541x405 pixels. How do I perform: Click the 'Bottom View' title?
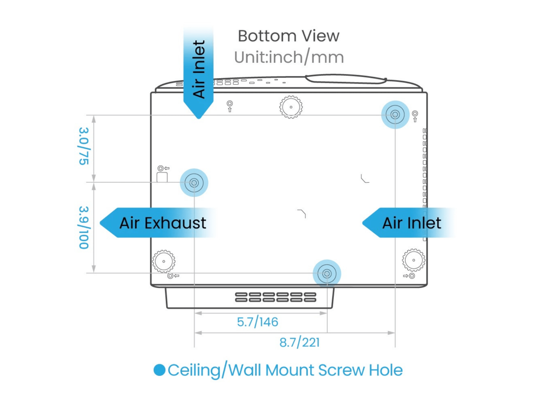tap(288, 36)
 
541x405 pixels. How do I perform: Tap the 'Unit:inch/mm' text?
tap(289, 57)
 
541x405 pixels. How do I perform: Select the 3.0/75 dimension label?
tap(84, 146)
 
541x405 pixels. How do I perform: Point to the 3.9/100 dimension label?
tap(84, 228)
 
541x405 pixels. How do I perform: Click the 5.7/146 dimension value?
tap(258, 322)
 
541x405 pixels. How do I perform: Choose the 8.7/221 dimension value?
tap(300, 343)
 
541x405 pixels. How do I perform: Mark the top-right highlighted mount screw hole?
tap(395, 115)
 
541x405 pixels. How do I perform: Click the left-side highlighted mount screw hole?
tap(194, 182)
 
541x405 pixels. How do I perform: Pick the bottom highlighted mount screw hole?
tap(327, 274)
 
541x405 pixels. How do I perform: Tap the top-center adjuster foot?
tap(291, 107)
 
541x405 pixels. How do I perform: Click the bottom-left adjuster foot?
tap(164, 261)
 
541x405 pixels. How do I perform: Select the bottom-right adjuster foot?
tap(414, 260)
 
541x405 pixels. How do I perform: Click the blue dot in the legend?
tap(160, 370)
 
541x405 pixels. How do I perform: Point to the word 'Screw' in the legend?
tap(341, 370)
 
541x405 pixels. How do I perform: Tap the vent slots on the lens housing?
tap(276, 297)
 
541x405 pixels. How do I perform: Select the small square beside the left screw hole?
tap(162, 177)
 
